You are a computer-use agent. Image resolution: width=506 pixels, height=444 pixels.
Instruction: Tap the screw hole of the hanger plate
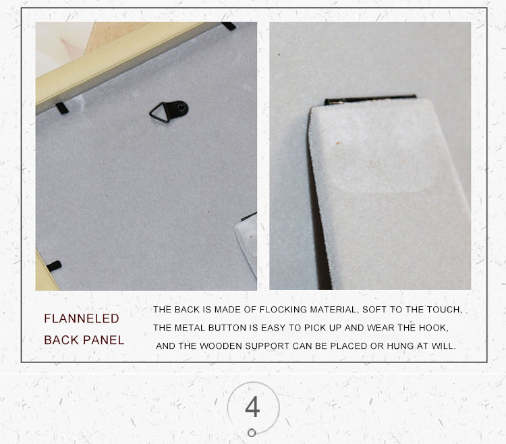(182, 108)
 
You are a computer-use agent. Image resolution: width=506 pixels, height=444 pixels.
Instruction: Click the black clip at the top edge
(229, 26)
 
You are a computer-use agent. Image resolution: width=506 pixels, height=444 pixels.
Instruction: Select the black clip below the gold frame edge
(61, 108)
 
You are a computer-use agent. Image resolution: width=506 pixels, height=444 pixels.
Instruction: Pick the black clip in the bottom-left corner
(54, 267)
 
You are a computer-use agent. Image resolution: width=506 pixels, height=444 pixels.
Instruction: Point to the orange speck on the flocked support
(338, 142)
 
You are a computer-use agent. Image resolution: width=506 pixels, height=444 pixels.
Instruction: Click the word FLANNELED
(82, 318)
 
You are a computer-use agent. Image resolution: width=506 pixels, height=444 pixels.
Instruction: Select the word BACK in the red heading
(61, 340)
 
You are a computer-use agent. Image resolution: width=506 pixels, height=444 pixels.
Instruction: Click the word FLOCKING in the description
(283, 310)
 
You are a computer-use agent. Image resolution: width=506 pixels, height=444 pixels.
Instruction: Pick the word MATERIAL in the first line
(335, 310)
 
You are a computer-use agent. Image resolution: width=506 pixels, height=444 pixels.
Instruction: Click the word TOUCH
(445, 310)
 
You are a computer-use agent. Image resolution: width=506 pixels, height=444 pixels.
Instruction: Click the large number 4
(252, 407)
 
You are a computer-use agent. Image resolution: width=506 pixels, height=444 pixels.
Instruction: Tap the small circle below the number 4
(252, 433)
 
